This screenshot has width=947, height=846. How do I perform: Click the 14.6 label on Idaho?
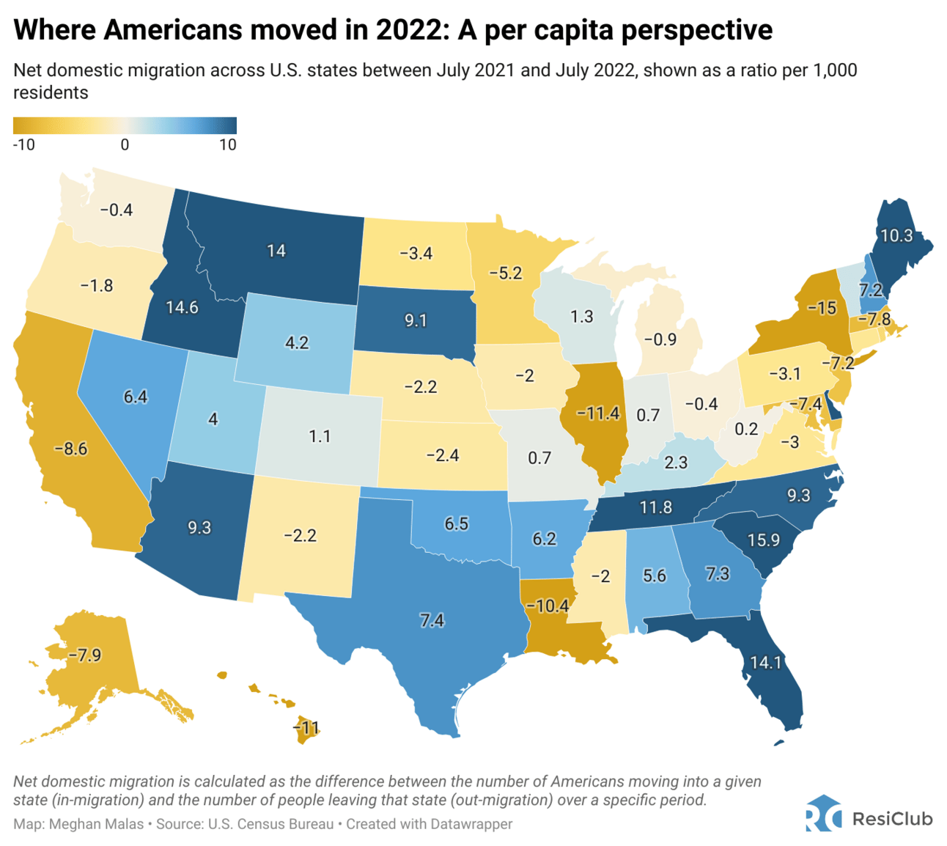click(x=182, y=307)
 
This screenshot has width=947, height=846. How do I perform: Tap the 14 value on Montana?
click(x=276, y=251)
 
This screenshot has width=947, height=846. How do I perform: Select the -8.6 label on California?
click(x=70, y=449)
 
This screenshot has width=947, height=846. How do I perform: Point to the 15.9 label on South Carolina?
click(x=763, y=540)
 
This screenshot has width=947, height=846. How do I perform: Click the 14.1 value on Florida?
click(x=765, y=663)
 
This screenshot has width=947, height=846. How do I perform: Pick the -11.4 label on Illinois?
click(x=597, y=413)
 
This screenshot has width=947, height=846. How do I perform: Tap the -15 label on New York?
click(x=822, y=308)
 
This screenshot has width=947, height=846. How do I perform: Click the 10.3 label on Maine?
click(x=896, y=235)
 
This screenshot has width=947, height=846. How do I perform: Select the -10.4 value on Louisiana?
click(x=547, y=606)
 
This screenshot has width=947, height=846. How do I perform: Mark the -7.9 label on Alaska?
click(x=84, y=655)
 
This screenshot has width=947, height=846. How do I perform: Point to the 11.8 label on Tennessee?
click(x=655, y=507)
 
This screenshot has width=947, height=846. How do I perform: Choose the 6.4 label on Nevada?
click(x=136, y=397)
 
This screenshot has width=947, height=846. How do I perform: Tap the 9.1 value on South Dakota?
click(x=415, y=320)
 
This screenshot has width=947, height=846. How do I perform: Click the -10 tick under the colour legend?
click(x=23, y=144)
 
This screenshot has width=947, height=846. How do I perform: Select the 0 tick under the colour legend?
click(x=125, y=144)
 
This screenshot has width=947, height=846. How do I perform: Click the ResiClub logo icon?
click(x=822, y=814)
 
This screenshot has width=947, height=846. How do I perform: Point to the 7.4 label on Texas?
click(x=432, y=620)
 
